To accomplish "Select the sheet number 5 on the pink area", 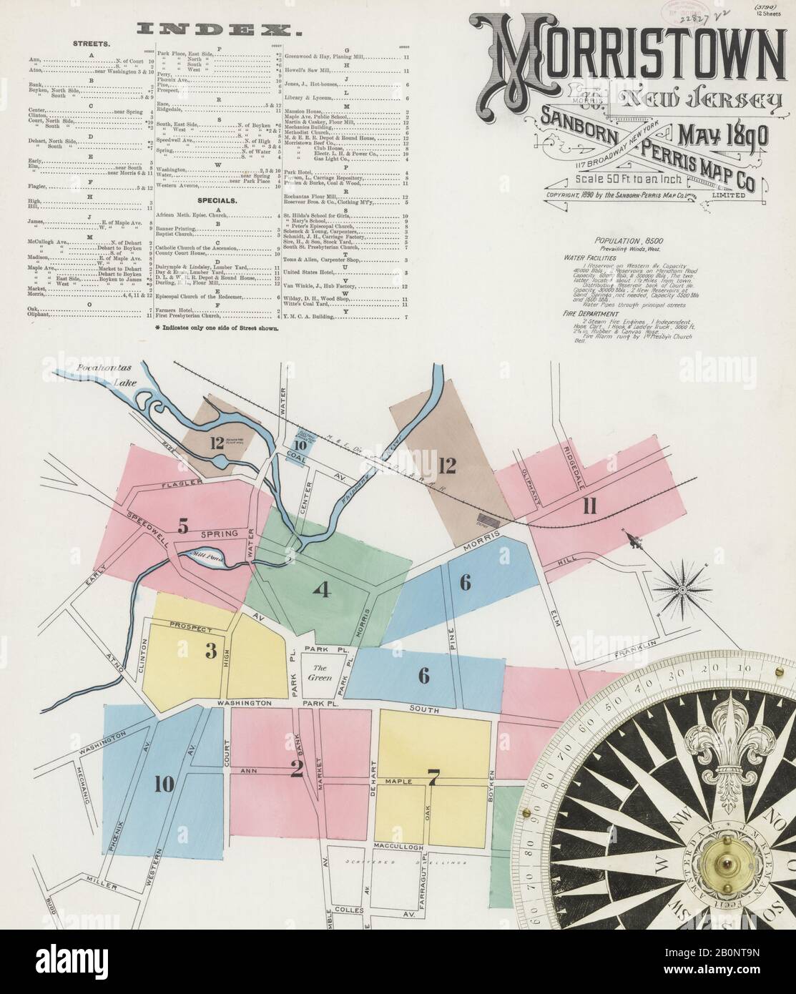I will [x=183, y=528].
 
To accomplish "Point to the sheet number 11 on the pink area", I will [x=589, y=507].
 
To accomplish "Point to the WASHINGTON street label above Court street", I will [x=245, y=704].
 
